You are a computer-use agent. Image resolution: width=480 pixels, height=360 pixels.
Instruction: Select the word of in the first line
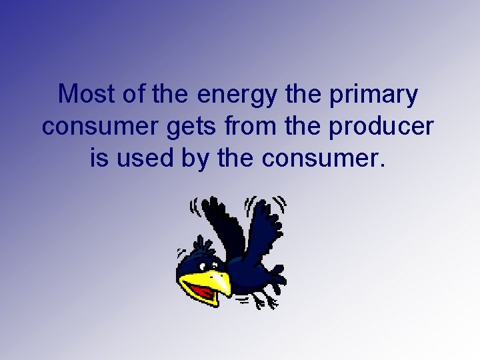pyautogui.click(x=134, y=95)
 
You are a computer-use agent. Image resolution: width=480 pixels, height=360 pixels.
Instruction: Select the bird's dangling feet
pyautogui.click(x=263, y=301)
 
